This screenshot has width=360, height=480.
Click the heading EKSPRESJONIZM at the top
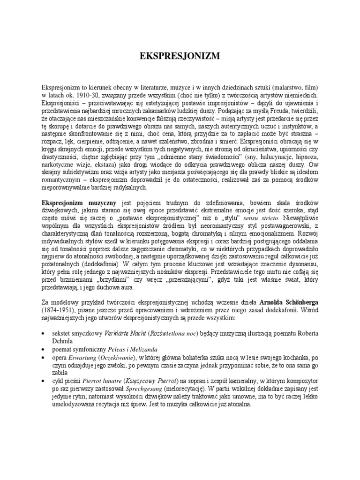click(x=180, y=57)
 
